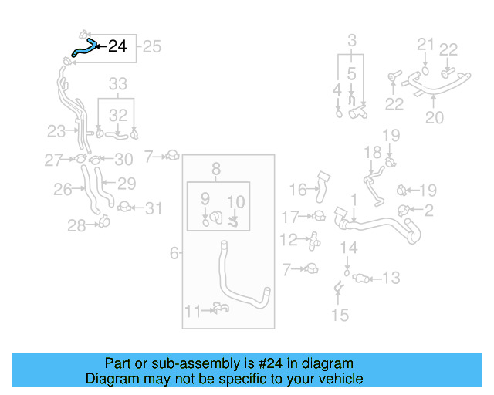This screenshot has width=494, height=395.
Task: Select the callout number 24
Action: click(x=117, y=46)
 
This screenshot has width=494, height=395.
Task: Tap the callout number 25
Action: click(x=152, y=47)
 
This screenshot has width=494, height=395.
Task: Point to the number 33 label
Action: click(x=117, y=83)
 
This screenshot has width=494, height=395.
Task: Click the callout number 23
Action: click(x=56, y=130)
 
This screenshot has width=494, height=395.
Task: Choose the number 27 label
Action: click(x=52, y=160)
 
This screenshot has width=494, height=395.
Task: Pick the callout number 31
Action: click(x=154, y=208)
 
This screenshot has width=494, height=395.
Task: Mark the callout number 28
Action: click(x=75, y=225)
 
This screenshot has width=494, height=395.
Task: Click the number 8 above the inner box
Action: click(x=217, y=168)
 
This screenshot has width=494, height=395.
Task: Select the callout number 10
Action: click(x=236, y=202)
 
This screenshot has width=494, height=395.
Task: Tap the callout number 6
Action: click(x=174, y=252)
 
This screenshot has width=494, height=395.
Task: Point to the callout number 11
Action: click(x=192, y=311)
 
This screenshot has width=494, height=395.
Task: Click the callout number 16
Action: click(x=298, y=188)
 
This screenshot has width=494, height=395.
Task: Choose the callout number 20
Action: click(x=435, y=118)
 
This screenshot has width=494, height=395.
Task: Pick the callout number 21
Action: click(x=427, y=43)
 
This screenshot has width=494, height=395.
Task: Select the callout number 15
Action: click(x=340, y=315)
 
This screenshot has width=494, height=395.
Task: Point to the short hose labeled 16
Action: click(x=323, y=187)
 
